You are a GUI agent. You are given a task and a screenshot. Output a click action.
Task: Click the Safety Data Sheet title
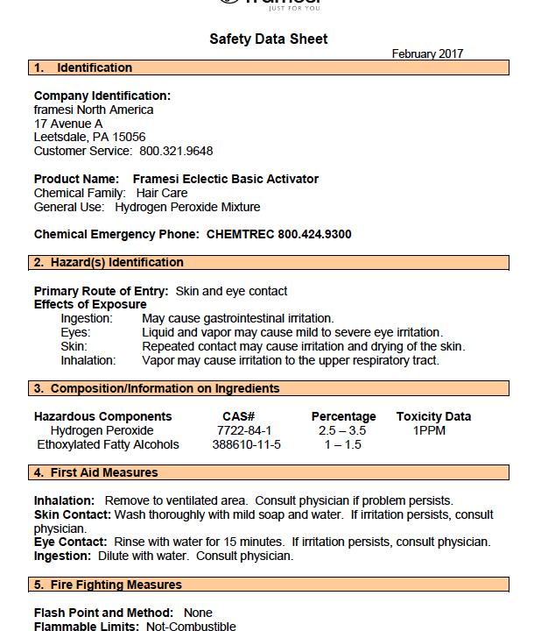(269, 39)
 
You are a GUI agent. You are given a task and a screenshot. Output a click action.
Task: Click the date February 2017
(427, 54)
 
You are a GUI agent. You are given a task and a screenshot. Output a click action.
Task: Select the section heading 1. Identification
(82, 67)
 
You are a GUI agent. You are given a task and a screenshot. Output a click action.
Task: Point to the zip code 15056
(128, 137)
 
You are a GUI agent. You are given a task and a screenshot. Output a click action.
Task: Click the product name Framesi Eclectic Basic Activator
(226, 179)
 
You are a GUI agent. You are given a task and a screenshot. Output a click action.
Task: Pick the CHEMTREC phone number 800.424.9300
(314, 234)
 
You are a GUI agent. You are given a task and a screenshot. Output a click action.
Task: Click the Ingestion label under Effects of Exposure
(87, 318)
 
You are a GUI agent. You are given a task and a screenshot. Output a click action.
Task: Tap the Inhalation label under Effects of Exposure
(88, 360)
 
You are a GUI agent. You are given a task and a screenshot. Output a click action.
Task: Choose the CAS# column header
(238, 416)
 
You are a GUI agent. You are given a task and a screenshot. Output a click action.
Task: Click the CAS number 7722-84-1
(244, 430)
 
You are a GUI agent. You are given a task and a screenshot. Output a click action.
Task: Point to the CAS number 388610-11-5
(247, 444)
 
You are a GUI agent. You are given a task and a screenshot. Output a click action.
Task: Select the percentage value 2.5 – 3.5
(342, 430)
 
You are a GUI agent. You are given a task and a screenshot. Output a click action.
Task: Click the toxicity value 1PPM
(429, 430)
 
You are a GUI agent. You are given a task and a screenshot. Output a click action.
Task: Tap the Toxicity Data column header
(433, 416)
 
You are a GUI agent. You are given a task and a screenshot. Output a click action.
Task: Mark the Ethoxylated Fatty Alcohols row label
(108, 444)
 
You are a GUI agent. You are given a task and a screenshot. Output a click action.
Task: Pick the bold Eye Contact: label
(70, 542)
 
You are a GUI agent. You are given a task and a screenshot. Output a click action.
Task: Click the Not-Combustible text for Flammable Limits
(191, 627)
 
